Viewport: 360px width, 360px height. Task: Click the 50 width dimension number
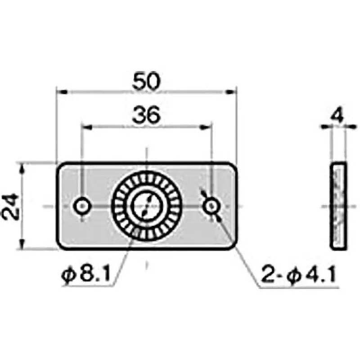click(147, 82)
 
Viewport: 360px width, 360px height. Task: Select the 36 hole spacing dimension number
click(147, 116)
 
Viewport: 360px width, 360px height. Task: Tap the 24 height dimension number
click(12, 206)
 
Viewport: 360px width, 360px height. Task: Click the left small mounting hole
click(82, 207)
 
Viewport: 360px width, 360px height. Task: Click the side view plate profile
click(339, 206)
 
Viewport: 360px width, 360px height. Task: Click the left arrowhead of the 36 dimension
click(85, 127)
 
